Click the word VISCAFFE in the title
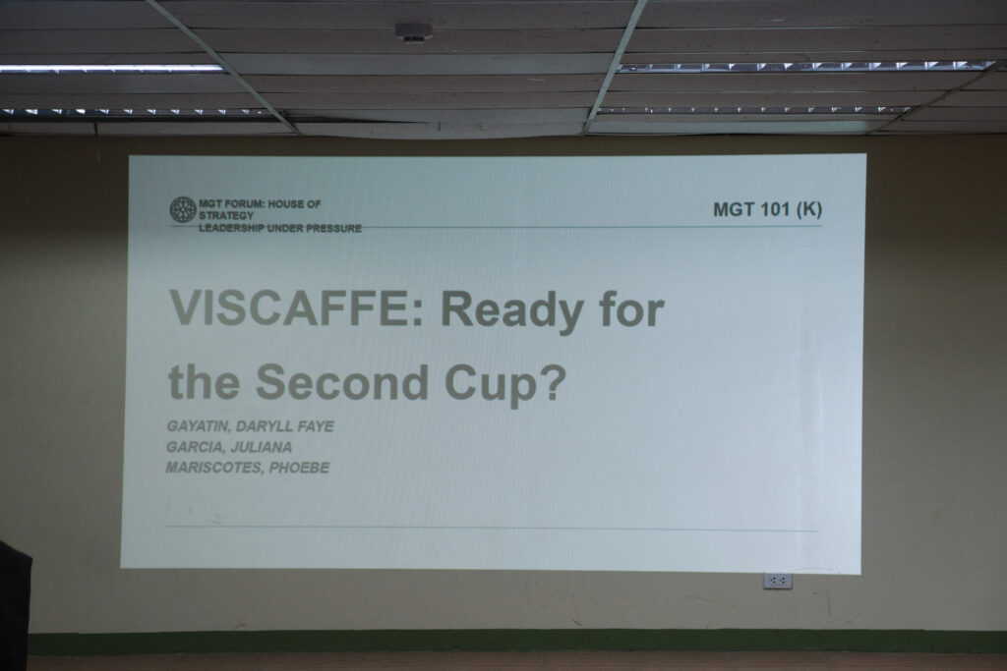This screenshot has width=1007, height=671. pyautogui.click(x=289, y=308)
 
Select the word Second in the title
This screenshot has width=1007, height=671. pyautogui.click(x=342, y=382)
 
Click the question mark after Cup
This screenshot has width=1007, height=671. pyautogui.click(x=553, y=382)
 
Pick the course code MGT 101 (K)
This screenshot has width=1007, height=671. pyautogui.click(x=767, y=210)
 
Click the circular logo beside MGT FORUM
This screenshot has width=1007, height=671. pyautogui.click(x=183, y=210)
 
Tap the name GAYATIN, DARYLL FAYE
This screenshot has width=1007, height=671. pyautogui.click(x=251, y=426)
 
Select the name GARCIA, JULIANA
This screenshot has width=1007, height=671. pyautogui.click(x=229, y=447)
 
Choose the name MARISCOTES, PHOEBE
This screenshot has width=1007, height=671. pyautogui.click(x=248, y=468)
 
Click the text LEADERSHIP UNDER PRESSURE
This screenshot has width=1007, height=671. pyautogui.click(x=280, y=228)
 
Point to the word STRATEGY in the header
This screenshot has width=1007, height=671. pyautogui.click(x=226, y=216)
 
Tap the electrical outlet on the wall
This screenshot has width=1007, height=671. pyautogui.click(x=778, y=581)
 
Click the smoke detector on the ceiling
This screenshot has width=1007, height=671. pyautogui.click(x=414, y=31)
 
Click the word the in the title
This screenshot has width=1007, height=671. pyautogui.click(x=204, y=382)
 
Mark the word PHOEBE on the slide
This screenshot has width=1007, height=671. pyautogui.click(x=299, y=468)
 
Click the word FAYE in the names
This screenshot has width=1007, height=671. pyautogui.click(x=316, y=426)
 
